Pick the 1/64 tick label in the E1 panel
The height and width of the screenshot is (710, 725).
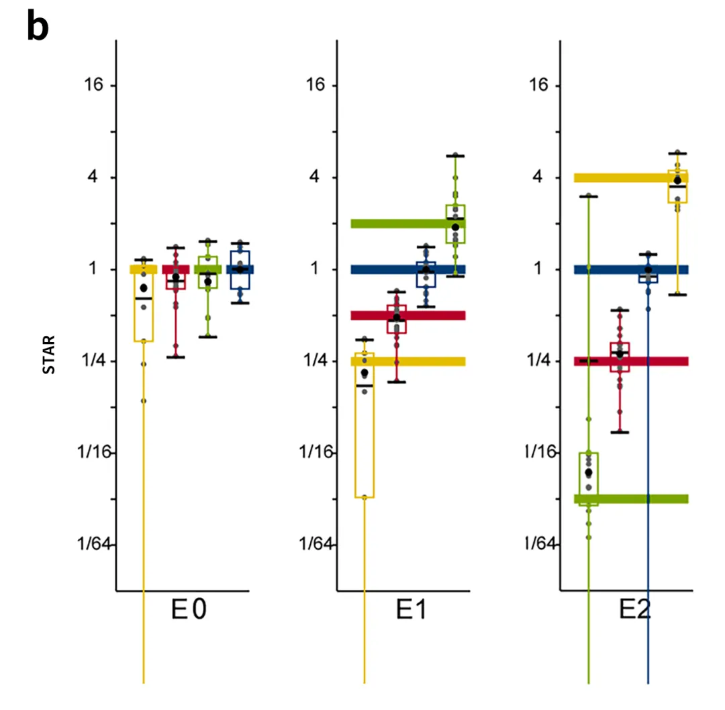(x=316, y=543)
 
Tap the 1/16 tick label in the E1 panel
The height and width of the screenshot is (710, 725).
(x=316, y=452)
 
